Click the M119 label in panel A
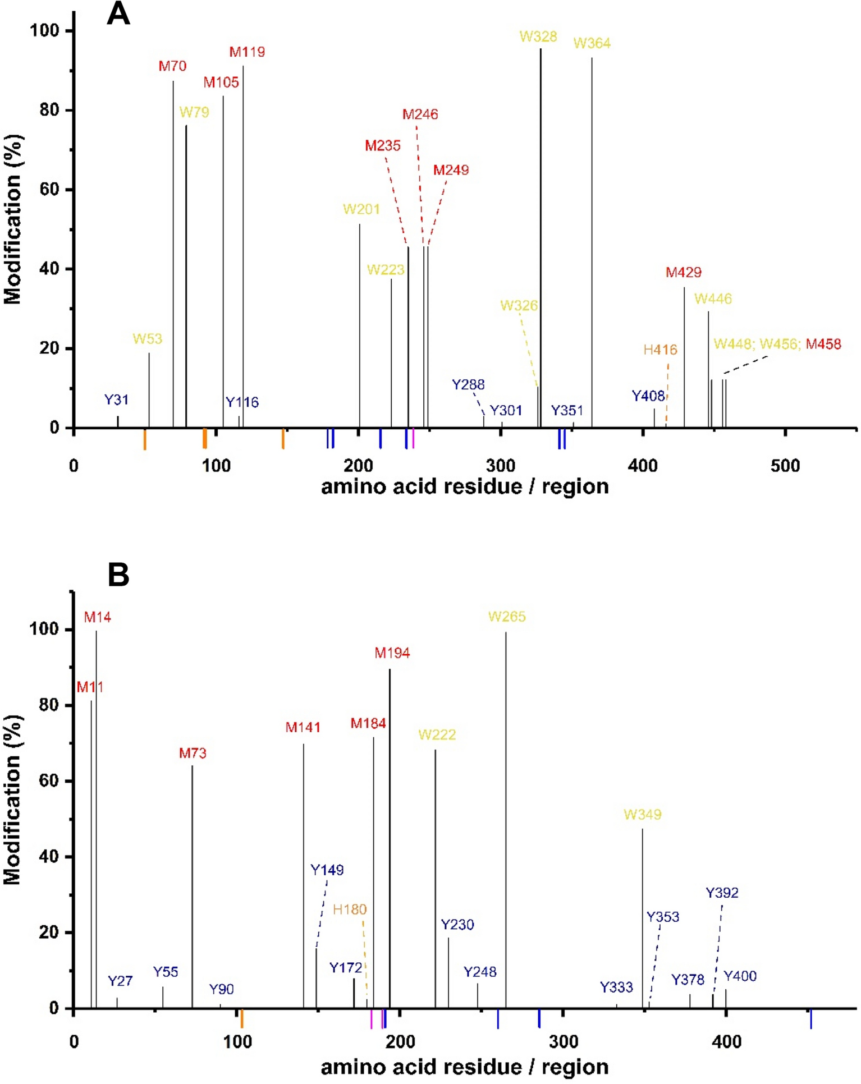click(x=247, y=52)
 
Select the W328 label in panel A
click(x=538, y=37)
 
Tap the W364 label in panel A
click(x=592, y=44)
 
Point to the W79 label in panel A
click(x=194, y=112)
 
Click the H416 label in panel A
click(x=660, y=350)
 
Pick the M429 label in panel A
click(x=683, y=273)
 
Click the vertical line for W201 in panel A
click(x=360, y=325)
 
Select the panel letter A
click(x=118, y=13)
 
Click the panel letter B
click(x=118, y=575)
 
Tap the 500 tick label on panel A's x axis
click(x=785, y=466)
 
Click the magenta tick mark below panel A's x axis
click(x=413, y=438)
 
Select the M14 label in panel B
click(x=98, y=618)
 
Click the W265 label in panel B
click(x=507, y=617)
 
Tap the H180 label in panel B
click(x=350, y=910)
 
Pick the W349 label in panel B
click(x=642, y=815)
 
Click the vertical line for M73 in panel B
click(x=193, y=887)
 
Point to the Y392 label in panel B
click(x=722, y=893)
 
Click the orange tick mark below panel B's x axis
click(x=242, y=1018)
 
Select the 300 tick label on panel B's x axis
click(x=563, y=1042)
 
